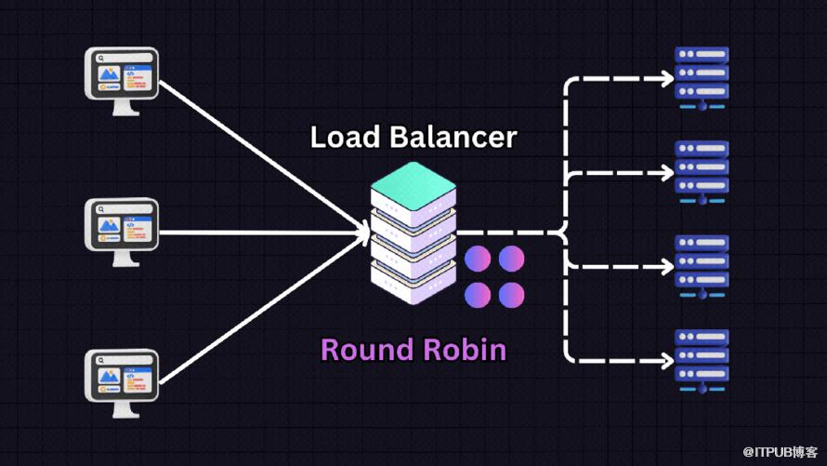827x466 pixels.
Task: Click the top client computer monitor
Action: [123, 74]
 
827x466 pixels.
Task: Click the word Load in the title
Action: [345, 138]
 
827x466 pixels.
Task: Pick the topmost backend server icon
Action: [702, 78]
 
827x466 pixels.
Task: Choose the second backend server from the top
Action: [702, 171]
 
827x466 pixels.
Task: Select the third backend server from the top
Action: [702, 265]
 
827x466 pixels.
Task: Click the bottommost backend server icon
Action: [702, 358]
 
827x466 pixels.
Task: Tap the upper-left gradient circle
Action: [479, 260]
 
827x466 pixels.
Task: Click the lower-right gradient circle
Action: [512, 295]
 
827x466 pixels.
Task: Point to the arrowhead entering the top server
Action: [666, 79]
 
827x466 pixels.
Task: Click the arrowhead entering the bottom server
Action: [666, 359]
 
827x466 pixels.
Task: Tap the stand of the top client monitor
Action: [123, 108]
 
